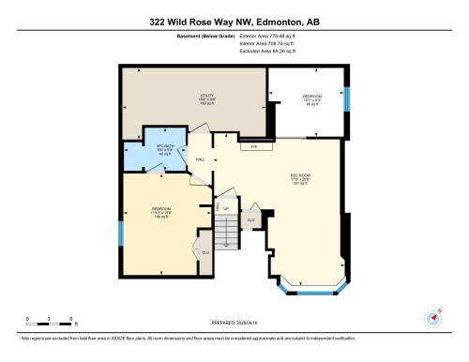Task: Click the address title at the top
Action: point(234,21)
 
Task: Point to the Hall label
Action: point(200,159)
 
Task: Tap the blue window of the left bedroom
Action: point(121,234)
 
